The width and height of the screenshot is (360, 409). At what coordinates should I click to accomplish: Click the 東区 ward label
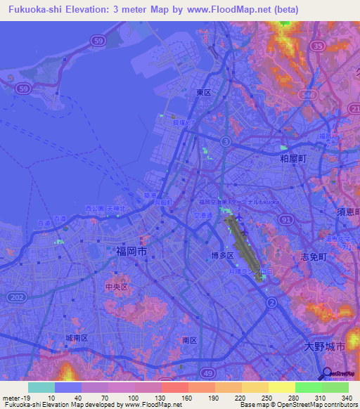coord(204,92)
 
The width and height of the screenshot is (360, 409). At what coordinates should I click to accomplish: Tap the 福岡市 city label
coord(131,250)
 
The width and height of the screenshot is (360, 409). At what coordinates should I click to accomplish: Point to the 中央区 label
coord(115,287)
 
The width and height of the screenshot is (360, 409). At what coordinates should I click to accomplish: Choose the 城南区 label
coord(76,338)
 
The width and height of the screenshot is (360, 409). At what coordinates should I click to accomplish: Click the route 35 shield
coord(318,46)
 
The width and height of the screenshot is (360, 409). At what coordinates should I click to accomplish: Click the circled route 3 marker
coord(225,141)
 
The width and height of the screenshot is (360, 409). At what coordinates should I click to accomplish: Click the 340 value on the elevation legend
coord(346,397)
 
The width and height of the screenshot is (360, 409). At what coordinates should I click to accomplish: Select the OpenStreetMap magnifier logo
coord(328,374)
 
